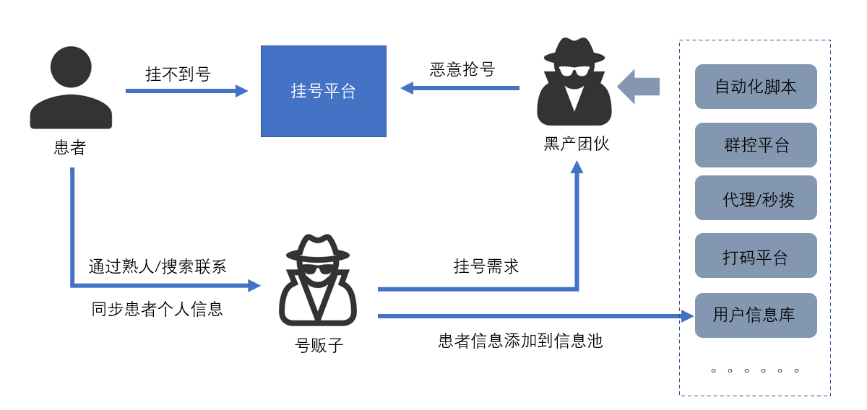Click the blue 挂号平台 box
(x=323, y=91)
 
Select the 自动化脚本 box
(x=756, y=87)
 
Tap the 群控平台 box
(x=756, y=144)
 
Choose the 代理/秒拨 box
(x=756, y=199)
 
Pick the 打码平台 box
(x=756, y=256)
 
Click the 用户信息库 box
(x=756, y=315)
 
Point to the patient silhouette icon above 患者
(x=71, y=88)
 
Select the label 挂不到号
(x=178, y=74)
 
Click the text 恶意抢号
(x=462, y=69)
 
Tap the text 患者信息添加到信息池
(x=520, y=341)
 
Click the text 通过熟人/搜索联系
(x=158, y=266)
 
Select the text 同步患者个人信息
(x=158, y=309)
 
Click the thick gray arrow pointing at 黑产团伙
(x=639, y=87)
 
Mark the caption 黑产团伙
(x=577, y=144)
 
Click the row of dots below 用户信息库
(x=755, y=370)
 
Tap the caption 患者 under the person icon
(x=70, y=147)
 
